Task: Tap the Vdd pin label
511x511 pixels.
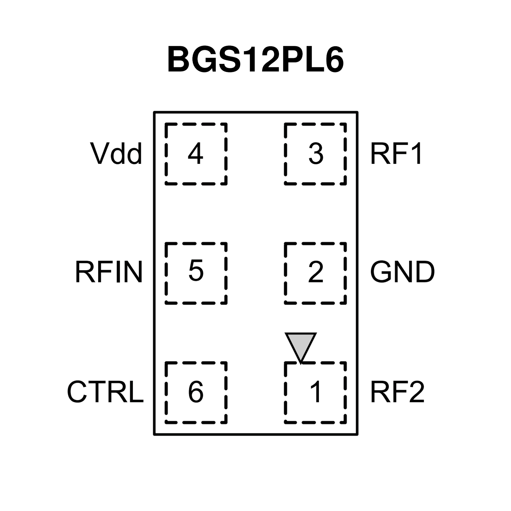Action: point(116,154)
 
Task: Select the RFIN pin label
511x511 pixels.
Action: point(109,272)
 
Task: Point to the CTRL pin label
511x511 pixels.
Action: point(105,391)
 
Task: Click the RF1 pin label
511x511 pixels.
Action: point(396,154)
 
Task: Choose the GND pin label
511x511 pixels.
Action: point(402,272)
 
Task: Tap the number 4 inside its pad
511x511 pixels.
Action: point(195,154)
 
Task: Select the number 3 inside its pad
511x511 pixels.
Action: point(316,154)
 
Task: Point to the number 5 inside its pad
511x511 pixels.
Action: point(196,271)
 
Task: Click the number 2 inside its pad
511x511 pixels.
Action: point(316,272)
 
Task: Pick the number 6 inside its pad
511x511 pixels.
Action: point(196,391)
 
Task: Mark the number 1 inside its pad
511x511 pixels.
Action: point(316,391)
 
